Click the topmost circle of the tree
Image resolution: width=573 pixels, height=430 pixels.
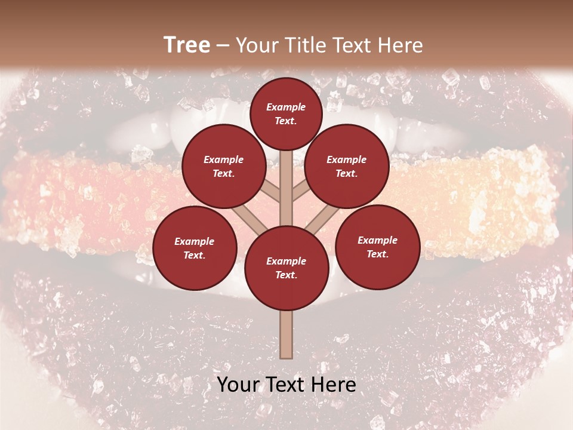(x=286, y=113)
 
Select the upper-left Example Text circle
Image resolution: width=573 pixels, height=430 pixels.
(x=223, y=166)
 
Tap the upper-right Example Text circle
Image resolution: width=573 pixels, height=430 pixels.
(x=346, y=166)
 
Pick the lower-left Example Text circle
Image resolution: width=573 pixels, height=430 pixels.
(x=194, y=248)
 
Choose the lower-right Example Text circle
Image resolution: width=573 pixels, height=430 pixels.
(x=377, y=247)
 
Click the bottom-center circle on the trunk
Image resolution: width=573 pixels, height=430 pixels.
(x=286, y=268)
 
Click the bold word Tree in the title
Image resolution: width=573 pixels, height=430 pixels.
(x=187, y=45)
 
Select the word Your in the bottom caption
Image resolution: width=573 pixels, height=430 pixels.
(x=239, y=385)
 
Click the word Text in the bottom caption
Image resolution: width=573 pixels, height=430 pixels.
(x=286, y=385)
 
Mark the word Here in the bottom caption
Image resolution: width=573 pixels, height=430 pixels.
(x=334, y=385)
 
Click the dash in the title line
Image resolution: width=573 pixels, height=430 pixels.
(x=223, y=46)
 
